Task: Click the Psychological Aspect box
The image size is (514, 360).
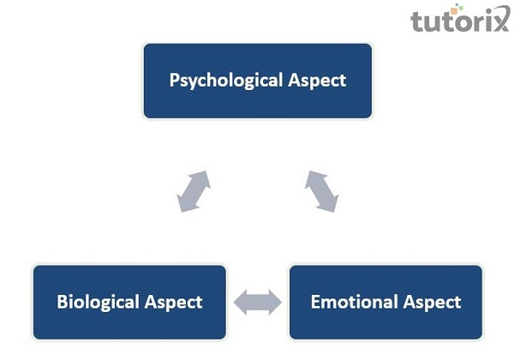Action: pyautogui.click(x=258, y=81)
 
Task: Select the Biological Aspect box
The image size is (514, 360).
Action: pyautogui.click(x=129, y=302)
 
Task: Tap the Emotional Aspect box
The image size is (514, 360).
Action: pyautogui.click(x=385, y=302)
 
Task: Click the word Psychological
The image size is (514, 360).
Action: pyautogui.click(x=226, y=81)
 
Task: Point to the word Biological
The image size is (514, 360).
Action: pyautogui.click(x=98, y=302)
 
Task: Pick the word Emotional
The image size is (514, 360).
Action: pyautogui.click(x=355, y=302)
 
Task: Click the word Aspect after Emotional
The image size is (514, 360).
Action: pyautogui.click(x=433, y=303)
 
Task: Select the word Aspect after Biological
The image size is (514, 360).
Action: pyautogui.click(x=173, y=303)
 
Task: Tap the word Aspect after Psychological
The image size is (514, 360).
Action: pyautogui.click(x=317, y=81)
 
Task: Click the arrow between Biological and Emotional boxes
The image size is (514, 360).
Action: pyautogui.click(x=258, y=303)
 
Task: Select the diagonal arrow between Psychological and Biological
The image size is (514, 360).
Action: pyautogui.click(x=194, y=191)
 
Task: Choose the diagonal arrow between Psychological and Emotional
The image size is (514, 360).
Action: pyautogui.click(x=321, y=191)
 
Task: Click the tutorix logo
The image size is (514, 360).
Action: pyautogui.click(x=460, y=19)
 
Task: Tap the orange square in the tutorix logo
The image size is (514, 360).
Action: pyautogui.click(x=454, y=11)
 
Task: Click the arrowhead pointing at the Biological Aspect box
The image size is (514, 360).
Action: pyautogui.click(x=241, y=303)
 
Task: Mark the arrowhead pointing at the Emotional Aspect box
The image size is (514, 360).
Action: pyautogui.click(x=275, y=303)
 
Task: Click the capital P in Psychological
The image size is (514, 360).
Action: pyautogui.click(x=175, y=80)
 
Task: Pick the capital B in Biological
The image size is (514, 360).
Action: pyautogui.click(x=62, y=302)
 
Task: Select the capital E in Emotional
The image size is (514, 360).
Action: pyautogui.click(x=315, y=302)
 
